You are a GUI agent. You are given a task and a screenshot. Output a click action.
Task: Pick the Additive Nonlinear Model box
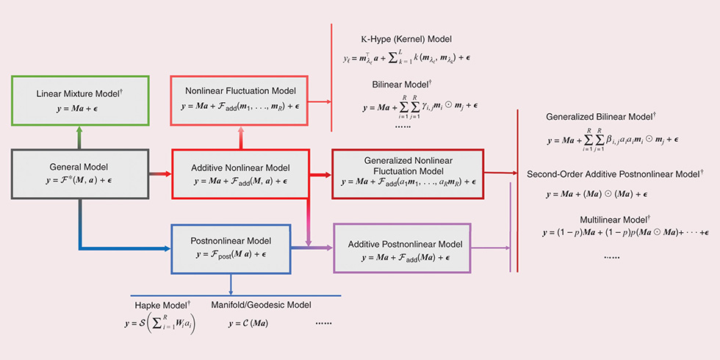[x=241, y=173]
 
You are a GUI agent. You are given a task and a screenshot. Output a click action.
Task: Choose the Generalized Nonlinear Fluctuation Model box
[x=408, y=173]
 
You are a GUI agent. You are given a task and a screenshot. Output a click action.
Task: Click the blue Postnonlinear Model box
[x=241, y=248]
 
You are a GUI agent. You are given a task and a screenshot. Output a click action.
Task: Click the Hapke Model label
[x=162, y=304]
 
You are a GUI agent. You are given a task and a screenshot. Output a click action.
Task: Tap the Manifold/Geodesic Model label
[x=261, y=304]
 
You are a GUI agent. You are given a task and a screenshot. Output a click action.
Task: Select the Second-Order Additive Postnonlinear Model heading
[x=616, y=174]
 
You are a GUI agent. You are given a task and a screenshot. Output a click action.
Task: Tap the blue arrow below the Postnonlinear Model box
[x=231, y=284]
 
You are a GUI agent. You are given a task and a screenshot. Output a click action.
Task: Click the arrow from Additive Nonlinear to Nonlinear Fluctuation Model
[x=241, y=137]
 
